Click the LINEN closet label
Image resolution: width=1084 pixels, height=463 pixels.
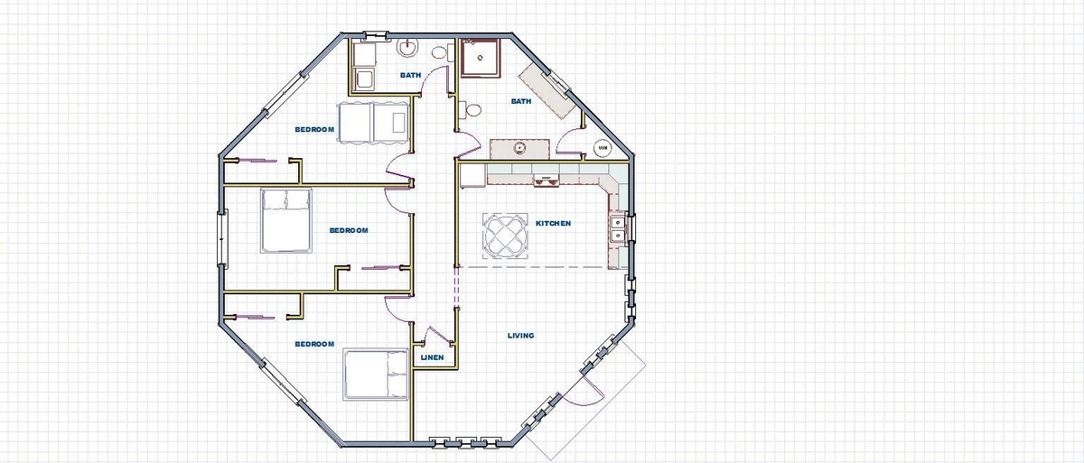432,358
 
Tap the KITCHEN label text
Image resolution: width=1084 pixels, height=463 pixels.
553,223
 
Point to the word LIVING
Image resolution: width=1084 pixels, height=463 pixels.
521,336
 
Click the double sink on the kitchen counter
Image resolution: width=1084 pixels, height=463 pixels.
617,228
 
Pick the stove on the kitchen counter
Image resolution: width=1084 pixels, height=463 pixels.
545,180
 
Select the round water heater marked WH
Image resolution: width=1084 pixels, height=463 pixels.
603,146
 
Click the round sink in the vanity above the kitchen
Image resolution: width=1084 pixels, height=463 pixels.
520,147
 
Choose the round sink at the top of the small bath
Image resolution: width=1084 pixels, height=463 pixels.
408,47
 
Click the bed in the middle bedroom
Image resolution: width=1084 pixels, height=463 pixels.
285,220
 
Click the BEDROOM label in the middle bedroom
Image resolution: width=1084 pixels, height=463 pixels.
349,230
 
